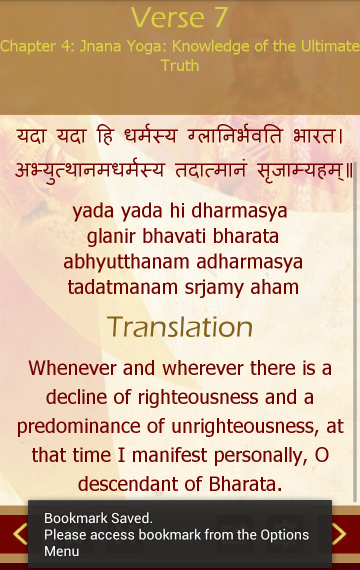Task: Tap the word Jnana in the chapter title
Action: (100, 46)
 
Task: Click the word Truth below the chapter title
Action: (179, 66)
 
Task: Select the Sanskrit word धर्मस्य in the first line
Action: (150, 135)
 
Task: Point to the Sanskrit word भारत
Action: (318, 135)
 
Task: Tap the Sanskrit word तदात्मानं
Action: (211, 169)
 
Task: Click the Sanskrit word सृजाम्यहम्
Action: (301, 170)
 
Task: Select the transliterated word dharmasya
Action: (239, 211)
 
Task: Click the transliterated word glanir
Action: (111, 236)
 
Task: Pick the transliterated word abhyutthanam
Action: (126, 262)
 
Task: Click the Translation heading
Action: (179, 327)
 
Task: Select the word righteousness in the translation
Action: (198, 397)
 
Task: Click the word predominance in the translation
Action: (78, 426)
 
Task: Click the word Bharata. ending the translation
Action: (245, 484)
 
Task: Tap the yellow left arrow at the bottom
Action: (20, 534)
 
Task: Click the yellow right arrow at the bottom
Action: (339, 534)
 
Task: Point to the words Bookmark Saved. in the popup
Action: (98, 518)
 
